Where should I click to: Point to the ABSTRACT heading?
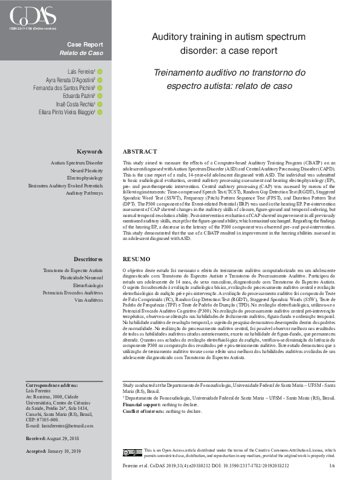[140, 151]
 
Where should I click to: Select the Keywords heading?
[90, 151]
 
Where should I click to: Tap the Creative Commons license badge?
[131, 452]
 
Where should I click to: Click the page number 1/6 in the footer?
[331, 466]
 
